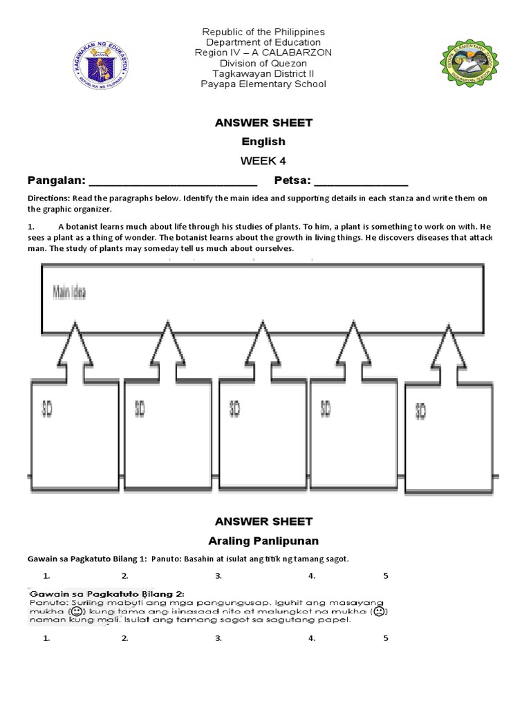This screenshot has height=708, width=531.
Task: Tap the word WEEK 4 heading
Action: click(263, 161)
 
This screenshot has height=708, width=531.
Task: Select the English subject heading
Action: click(263, 142)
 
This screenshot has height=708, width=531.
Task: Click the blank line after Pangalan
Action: click(173, 183)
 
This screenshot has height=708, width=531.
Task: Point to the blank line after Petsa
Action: click(361, 183)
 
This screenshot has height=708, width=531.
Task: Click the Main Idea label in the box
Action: click(70, 292)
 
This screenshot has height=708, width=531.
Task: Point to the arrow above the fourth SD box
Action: click(355, 346)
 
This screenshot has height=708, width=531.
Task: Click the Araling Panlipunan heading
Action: click(263, 540)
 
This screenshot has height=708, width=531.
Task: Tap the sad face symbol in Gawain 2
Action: click(380, 612)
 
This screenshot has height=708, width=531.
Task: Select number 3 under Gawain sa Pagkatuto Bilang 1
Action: click(218, 575)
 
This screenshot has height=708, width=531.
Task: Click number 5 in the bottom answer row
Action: click(386, 638)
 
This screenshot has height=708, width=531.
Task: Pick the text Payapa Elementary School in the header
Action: click(263, 84)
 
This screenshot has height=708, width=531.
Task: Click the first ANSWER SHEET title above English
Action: click(263, 123)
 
